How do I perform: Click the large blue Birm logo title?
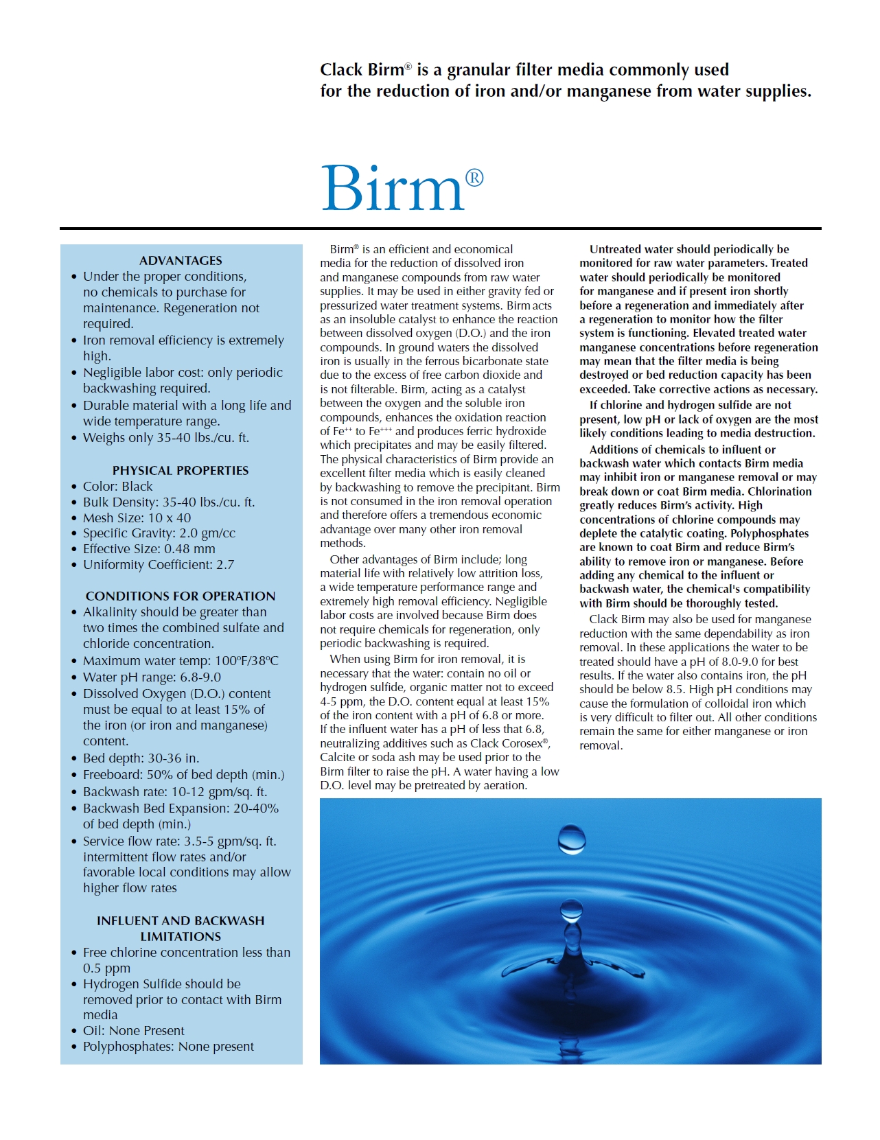tap(393, 188)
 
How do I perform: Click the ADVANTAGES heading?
tap(181, 261)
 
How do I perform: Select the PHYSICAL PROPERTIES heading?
tap(181, 471)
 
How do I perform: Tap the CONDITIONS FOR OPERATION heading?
tap(181, 596)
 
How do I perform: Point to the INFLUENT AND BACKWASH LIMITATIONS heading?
tap(181, 929)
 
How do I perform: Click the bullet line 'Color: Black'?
tap(118, 487)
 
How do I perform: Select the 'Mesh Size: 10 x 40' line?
tap(137, 518)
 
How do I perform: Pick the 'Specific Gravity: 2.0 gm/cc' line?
tap(159, 533)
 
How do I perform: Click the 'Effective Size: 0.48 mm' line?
tap(149, 549)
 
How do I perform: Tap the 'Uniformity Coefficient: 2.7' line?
tap(159, 565)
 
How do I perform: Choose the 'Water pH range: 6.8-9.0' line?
tap(152, 677)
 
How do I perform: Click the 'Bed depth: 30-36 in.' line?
tap(141, 758)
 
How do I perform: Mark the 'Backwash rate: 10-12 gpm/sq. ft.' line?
tap(175, 792)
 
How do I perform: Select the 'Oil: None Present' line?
tap(134, 1031)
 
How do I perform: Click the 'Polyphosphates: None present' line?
tap(168, 1047)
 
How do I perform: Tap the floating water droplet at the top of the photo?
tap(572, 839)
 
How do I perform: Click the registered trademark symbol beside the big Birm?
tap(474, 178)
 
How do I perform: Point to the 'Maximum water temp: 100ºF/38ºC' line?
tap(181, 661)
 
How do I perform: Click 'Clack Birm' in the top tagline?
tap(362, 70)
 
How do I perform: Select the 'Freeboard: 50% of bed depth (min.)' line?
tap(183, 775)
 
